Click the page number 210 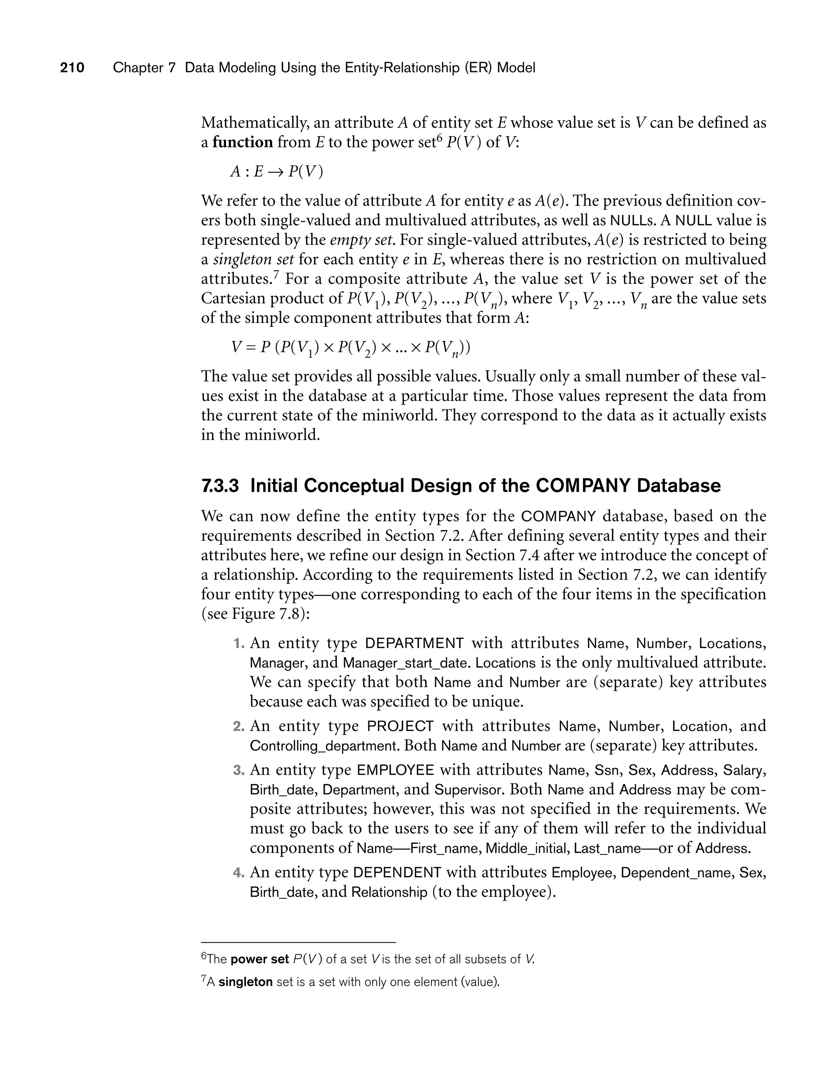click(72, 68)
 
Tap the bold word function click(242, 142)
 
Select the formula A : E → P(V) click(277, 171)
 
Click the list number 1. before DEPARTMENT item click(239, 644)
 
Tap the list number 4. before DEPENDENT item click(239, 873)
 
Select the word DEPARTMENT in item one click(414, 644)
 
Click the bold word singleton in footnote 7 click(245, 982)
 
